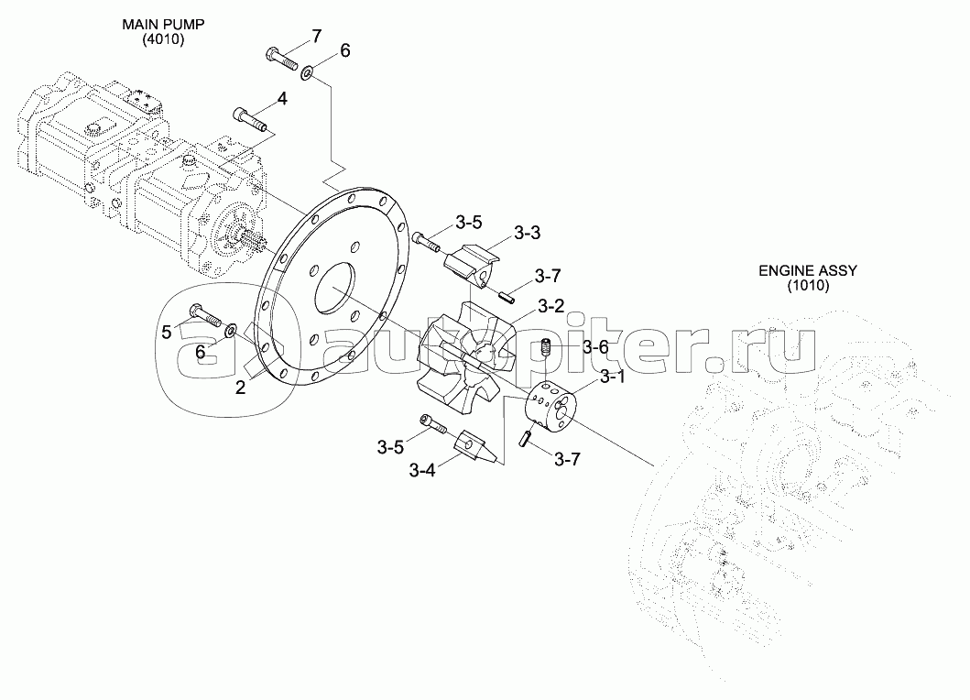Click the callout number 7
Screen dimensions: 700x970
pos(316,36)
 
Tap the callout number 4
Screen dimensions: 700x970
pos(282,99)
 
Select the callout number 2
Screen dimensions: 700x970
pos(240,388)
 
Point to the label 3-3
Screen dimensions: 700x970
pos(527,234)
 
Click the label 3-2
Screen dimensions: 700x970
pos(551,306)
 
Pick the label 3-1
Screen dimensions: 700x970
pos(613,377)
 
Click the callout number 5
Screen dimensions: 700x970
pos(167,332)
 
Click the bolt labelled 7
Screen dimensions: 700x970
pos(282,59)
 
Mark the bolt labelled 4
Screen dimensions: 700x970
pos(250,119)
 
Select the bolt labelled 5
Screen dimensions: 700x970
pos(205,316)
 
